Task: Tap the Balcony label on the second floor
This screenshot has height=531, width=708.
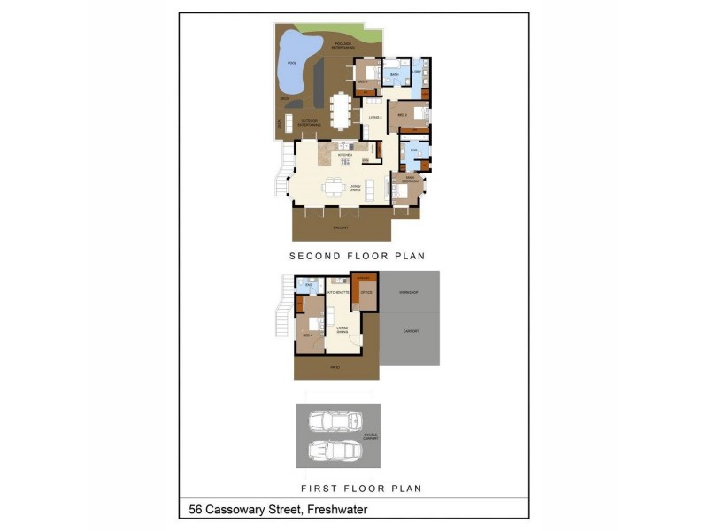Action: coord(340,227)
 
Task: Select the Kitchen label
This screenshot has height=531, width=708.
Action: coord(345,155)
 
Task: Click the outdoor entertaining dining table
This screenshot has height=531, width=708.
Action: coord(340,111)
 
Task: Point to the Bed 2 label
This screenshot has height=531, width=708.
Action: coord(401,115)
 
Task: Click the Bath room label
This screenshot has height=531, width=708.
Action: coord(396,75)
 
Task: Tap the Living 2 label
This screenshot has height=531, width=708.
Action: coord(374,116)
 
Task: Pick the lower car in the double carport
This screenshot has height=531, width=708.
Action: coord(333,451)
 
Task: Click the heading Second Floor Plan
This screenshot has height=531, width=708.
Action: coord(358,256)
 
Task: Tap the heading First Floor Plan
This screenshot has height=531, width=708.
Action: coord(361,488)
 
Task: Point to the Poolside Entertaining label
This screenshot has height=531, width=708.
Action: coord(342,44)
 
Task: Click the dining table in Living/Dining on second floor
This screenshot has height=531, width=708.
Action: coord(334,187)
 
